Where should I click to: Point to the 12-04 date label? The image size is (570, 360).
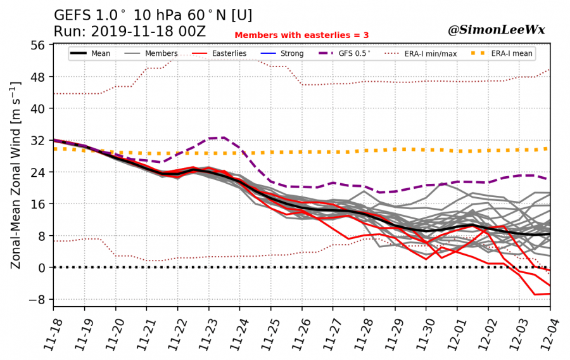click(x=547, y=330)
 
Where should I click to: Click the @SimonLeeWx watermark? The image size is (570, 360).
click(x=497, y=30)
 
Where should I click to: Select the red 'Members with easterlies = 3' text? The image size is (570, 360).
click(x=301, y=35)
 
